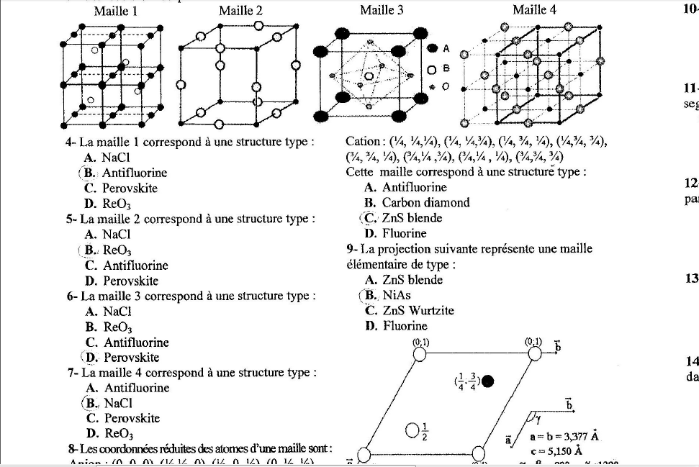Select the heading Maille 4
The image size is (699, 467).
[534, 10]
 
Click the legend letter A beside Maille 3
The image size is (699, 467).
[446, 49]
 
